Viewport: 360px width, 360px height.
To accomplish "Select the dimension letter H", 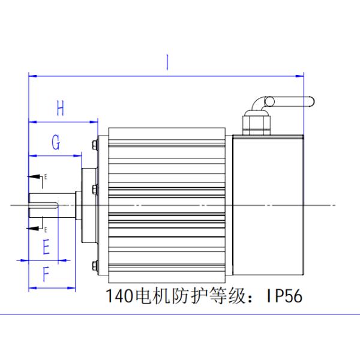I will (60, 109).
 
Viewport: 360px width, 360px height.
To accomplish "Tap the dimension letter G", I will (55, 143).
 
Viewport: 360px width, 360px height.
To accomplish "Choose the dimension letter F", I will (46, 275).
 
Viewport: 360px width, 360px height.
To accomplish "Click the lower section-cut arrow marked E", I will (35, 228).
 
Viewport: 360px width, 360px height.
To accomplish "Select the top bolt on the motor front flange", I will (95, 145).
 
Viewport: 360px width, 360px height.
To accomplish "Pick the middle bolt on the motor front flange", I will (95, 190).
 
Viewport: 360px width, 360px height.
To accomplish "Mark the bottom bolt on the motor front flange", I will (95, 266).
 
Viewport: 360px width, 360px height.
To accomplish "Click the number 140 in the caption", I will (118, 296).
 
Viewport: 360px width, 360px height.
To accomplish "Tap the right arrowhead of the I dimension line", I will (301, 76).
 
